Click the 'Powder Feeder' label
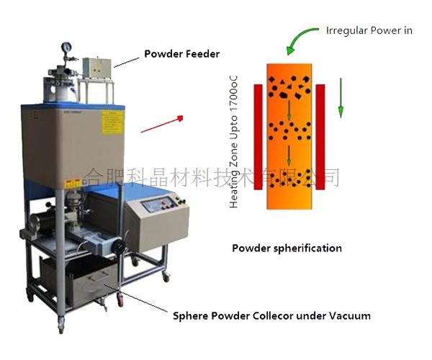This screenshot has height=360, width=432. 181,53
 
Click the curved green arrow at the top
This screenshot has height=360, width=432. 300,37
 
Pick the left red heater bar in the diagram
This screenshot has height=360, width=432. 257,137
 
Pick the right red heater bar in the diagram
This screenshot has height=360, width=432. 320,137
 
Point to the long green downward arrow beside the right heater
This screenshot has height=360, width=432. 341,99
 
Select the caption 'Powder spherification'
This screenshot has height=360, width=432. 287,248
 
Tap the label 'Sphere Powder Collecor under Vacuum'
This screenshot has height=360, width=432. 272,315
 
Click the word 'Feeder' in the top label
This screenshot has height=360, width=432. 202,53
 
